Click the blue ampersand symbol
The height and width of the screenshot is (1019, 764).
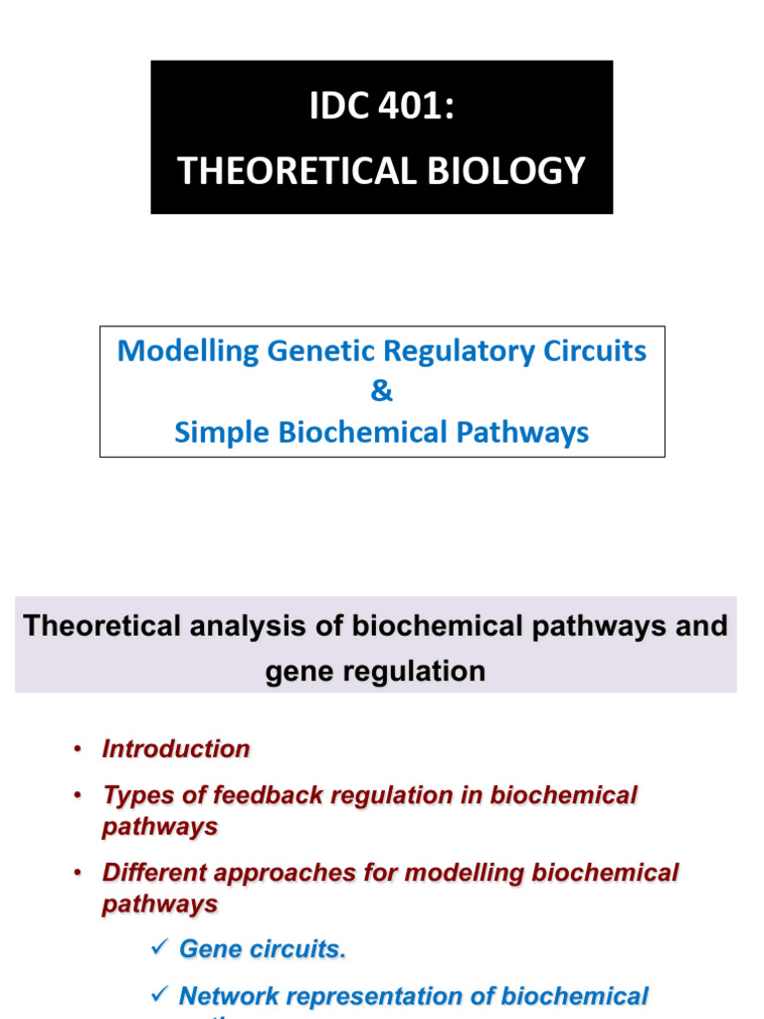coord(382,392)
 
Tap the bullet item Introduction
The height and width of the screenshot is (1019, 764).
coord(176,749)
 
